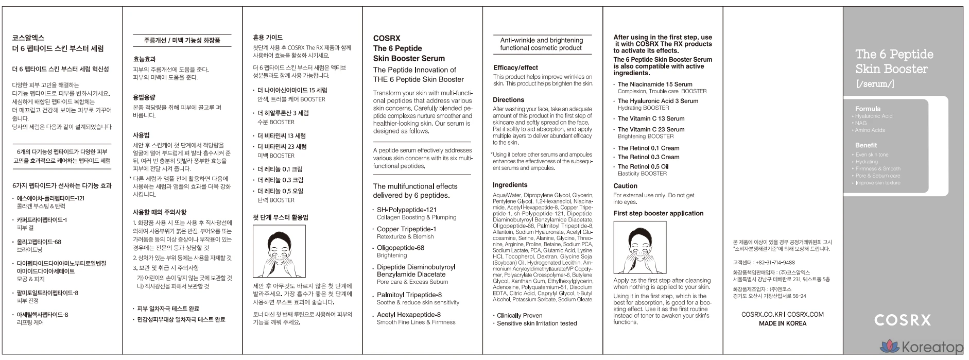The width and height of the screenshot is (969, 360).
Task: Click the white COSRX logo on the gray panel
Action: click(902, 320)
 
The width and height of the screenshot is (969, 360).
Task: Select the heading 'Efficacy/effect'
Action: click(515, 67)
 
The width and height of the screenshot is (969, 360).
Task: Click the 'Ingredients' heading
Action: click(510, 185)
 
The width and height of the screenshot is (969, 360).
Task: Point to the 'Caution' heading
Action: click(625, 186)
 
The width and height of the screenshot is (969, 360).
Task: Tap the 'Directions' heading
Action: click(508, 100)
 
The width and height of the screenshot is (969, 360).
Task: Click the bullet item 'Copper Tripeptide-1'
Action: click(406, 229)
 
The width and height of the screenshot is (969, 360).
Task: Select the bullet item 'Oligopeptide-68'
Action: click(400, 248)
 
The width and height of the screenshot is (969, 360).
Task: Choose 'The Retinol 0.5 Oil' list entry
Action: click(643, 166)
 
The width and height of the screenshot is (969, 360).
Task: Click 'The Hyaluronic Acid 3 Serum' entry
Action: click(657, 101)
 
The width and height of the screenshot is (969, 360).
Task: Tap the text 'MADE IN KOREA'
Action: click(782, 323)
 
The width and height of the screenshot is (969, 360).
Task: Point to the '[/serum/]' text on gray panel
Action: click(874, 83)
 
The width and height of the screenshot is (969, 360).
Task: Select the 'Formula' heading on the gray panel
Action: click(868, 109)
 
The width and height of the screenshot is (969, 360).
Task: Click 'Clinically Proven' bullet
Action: click(519, 315)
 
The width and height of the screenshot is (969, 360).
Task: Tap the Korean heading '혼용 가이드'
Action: click(268, 38)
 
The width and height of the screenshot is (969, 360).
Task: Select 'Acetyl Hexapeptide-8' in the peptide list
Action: click(408, 315)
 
